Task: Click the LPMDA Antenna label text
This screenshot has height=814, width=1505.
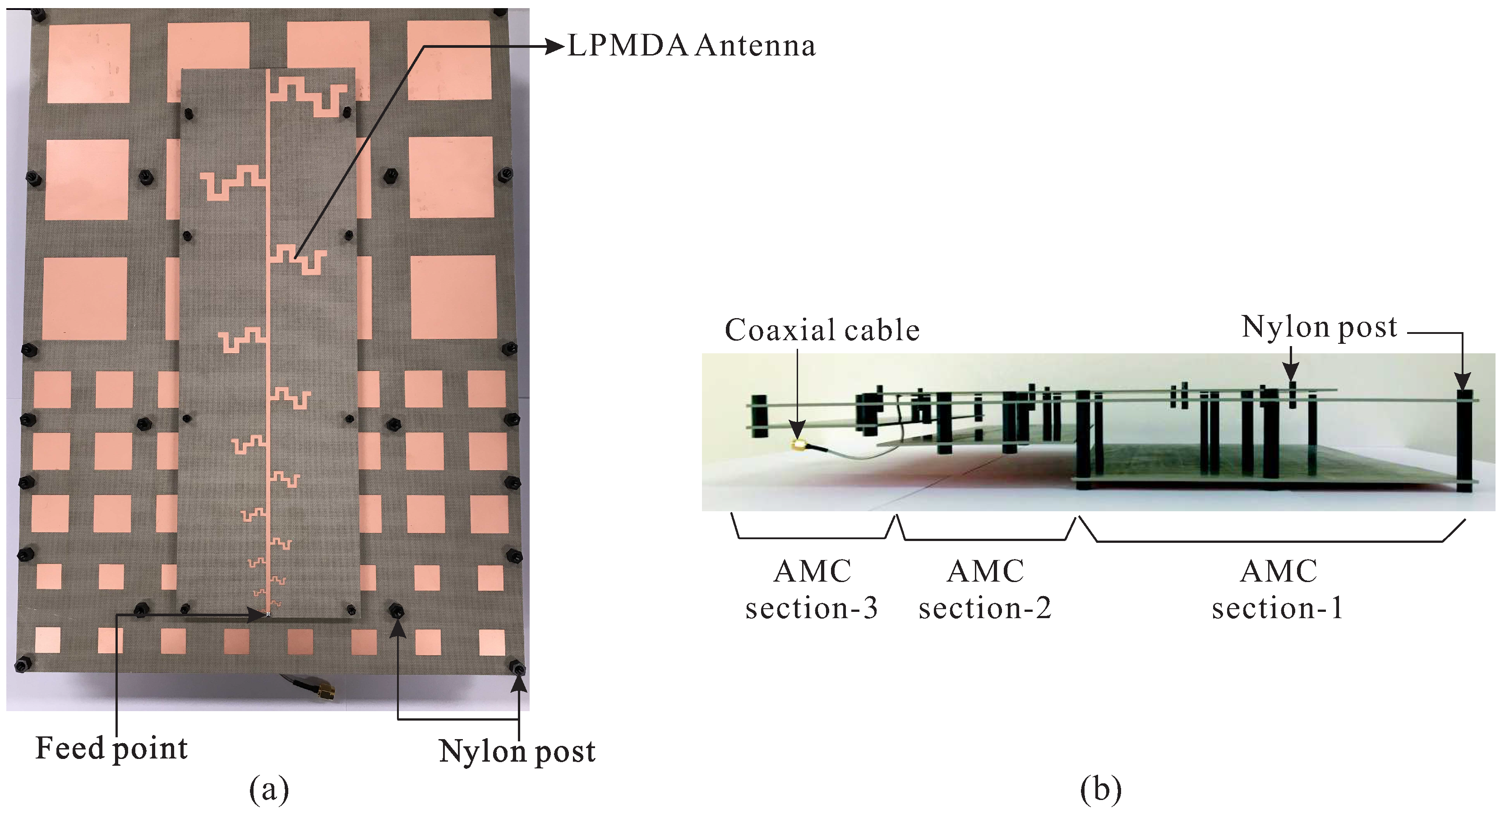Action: (691, 46)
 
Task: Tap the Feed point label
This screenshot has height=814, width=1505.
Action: (111, 749)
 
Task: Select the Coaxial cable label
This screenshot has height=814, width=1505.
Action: (822, 330)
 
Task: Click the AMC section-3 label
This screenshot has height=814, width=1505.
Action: (812, 590)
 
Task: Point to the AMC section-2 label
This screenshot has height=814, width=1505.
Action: (985, 590)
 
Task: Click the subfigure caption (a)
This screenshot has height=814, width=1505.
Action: (269, 790)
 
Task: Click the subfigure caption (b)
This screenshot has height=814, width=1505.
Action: (1101, 790)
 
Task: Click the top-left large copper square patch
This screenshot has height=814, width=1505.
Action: (88, 63)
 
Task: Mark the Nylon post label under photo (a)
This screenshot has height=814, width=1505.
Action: (517, 751)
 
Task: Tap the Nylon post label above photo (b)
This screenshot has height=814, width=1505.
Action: (1319, 327)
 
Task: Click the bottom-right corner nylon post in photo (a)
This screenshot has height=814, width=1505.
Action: (517, 667)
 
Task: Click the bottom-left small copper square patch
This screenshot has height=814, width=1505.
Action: (47, 640)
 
